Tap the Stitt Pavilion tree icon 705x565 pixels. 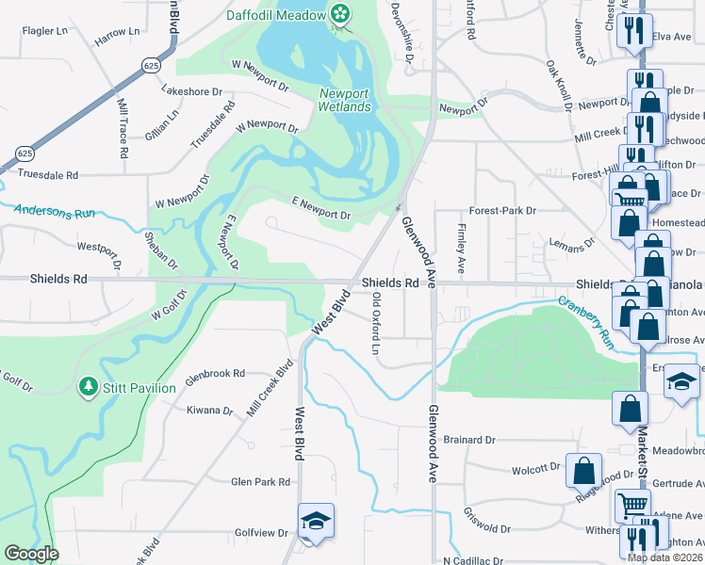coord(89,387)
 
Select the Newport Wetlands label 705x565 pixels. coord(344,100)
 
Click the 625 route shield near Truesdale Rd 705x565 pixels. coord(24,153)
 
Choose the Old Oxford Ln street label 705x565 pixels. coord(376,323)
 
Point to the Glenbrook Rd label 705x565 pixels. coord(216,373)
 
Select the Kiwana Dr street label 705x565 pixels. coord(209,411)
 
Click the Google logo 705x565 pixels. coord(31,554)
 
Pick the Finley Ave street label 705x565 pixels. coord(461,243)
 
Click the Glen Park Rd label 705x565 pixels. coord(261,481)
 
